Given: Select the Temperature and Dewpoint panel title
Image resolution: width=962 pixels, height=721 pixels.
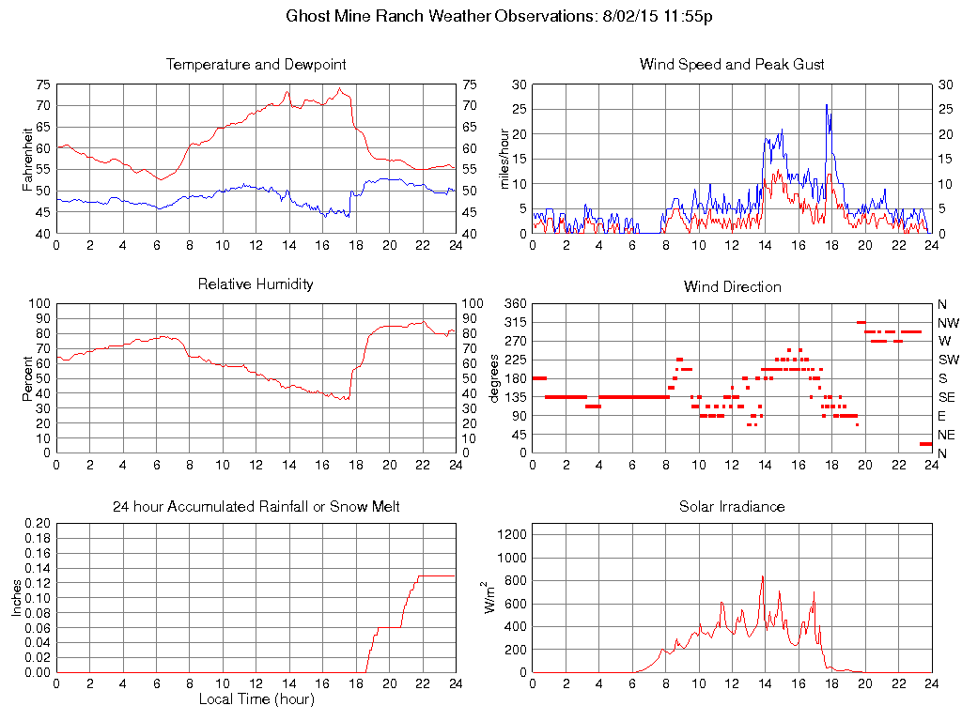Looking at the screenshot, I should click(x=256, y=65).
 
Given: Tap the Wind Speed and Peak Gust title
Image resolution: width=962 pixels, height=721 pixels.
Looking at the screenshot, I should click(x=732, y=65).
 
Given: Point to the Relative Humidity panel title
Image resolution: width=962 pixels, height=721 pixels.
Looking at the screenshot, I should click(x=256, y=284).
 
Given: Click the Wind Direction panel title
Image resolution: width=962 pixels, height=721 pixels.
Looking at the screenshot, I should click(x=732, y=286).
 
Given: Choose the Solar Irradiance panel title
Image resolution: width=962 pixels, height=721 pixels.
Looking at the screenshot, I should click(x=732, y=507).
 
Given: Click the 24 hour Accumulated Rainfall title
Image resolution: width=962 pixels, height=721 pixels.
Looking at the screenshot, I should click(x=256, y=507).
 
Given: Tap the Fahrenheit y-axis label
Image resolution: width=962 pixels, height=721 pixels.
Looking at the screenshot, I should click(x=28, y=159).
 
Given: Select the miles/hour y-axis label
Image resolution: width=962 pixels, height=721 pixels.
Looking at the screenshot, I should click(x=504, y=159).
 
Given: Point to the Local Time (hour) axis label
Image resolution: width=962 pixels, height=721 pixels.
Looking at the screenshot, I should click(x=256, y=699).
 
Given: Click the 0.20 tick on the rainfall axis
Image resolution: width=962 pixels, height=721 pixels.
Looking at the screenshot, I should click(x=38, y=523).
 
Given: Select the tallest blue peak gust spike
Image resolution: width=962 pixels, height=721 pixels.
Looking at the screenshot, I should click(x=827, y=105).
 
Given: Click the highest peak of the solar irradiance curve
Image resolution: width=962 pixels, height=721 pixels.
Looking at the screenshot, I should click(x=763, y=576).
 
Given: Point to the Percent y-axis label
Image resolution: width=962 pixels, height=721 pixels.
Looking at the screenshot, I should click(x=28, y=378).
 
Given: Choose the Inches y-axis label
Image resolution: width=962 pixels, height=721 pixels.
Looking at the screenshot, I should click(x=17, y=598).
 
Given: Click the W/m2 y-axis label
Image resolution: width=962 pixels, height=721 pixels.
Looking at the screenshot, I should click(x=490, y=597).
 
